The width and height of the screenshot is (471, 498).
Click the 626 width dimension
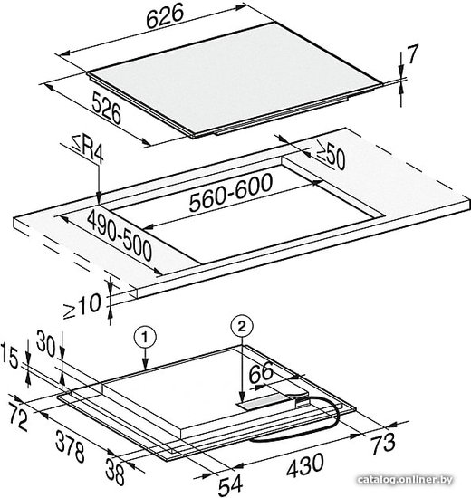(165, 16)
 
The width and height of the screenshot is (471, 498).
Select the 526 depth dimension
(107, 108)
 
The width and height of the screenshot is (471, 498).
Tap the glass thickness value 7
(412, 54)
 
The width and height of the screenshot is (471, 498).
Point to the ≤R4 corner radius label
(88, 152)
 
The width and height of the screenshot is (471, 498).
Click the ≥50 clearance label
(331, 155)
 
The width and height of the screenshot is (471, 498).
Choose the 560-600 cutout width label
(231, 193)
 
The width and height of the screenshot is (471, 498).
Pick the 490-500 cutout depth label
(120, 236)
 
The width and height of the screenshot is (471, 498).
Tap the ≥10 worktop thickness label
(82, 306)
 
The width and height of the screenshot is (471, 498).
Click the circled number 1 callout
(145, 339)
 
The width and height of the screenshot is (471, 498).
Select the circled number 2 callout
(242, 326)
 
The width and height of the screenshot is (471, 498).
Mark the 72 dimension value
(18, 417)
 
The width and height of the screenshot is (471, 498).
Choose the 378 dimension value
(71, 445)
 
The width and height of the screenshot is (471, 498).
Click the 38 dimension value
(115, 472)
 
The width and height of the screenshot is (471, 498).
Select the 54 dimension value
(230, 485)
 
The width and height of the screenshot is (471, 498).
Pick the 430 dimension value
(305, 465)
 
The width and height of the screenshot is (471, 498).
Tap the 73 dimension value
(384, 443)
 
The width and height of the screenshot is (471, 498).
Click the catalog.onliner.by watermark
(405, 480)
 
